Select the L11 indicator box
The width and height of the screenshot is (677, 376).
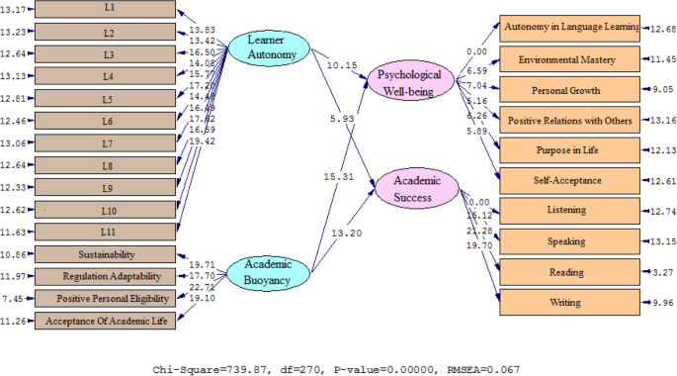point(108,232)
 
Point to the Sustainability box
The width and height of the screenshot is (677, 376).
point(108,254)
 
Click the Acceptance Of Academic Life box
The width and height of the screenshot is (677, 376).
point(108,321)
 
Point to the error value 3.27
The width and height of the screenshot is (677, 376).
point(654,271)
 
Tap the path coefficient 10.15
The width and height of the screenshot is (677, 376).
point(339,66)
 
